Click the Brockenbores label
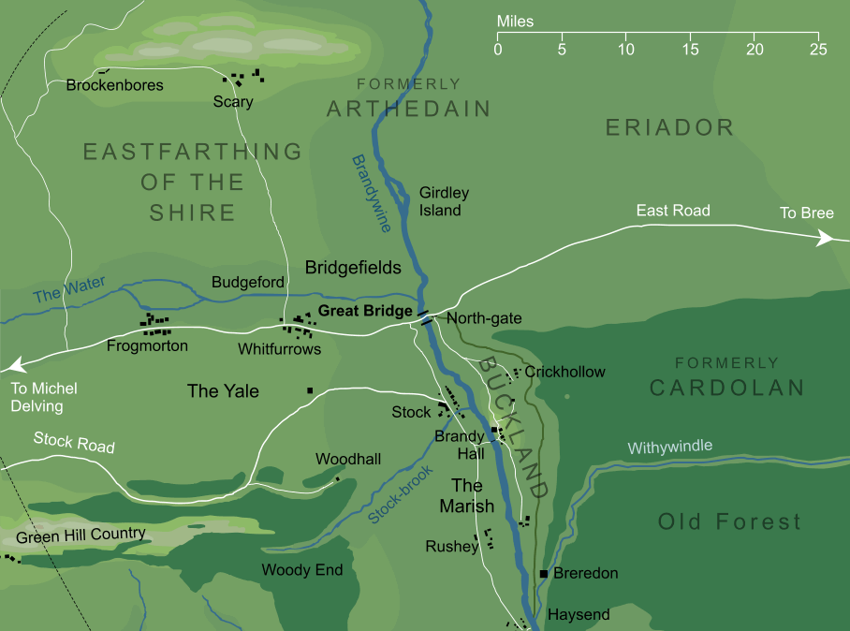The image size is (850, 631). pyautogui.click(x=115, y=85)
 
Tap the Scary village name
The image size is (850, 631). pyautogui.click(x=233, y=101)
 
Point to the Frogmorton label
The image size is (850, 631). pyautogui.click(x=147, y=346)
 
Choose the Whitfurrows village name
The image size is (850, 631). pyautogui.click(x=280, y=349)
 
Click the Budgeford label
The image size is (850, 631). pyautogui.click(x=248, y=282)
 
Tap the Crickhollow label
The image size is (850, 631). pyautogui.click(x=564, y=372)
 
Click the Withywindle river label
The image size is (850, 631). pyautogui.click(x=669, y=447)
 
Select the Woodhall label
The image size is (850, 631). pyautogui.click(x=347, y=460)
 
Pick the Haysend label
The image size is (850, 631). pyautogui.click(x=579, y=615)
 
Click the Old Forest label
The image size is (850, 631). pyautogui.click(x=729, y=521)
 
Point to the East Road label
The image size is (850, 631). pyautogui.click(x=673, y=211)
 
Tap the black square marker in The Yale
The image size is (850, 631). pyautogui.click(x=309, y=390)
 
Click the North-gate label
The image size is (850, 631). pyautogui.click(x=484, y=319)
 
